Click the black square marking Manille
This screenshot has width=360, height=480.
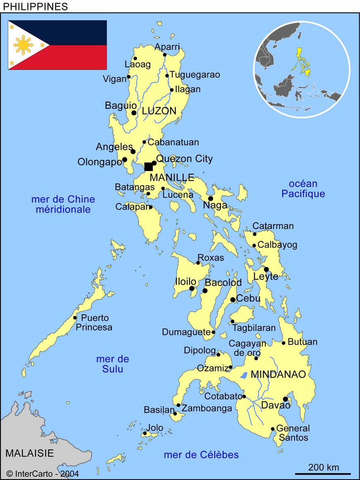tap(149, 167)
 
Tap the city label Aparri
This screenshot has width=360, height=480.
tap(167, 47)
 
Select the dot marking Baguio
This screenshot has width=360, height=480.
tap(134, 113)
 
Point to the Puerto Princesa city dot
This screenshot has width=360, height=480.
tap(75, 318)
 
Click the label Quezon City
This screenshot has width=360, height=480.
tap(185, 159)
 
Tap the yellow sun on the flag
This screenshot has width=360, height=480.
tap(23, 45)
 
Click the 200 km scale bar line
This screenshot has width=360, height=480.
tap(323, 474)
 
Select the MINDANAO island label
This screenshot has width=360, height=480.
tap(278, 375)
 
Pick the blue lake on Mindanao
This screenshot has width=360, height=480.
tap(244, 376)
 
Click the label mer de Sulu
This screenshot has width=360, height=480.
tap(113, 364)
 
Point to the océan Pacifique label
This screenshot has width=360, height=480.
tap(303, 189)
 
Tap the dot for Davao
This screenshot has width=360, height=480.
tap(285, 399)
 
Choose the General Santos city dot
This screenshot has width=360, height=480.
tap(273, 429)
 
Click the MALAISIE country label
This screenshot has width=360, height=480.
tap(29, 453)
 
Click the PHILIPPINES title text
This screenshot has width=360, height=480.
tap(36, 6)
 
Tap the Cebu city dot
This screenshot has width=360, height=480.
tap(233, 300)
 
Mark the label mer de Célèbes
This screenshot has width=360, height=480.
tap(201, 455)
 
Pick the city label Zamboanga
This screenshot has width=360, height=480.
tap(207, 408)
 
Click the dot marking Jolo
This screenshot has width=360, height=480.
tap(145, 433)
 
